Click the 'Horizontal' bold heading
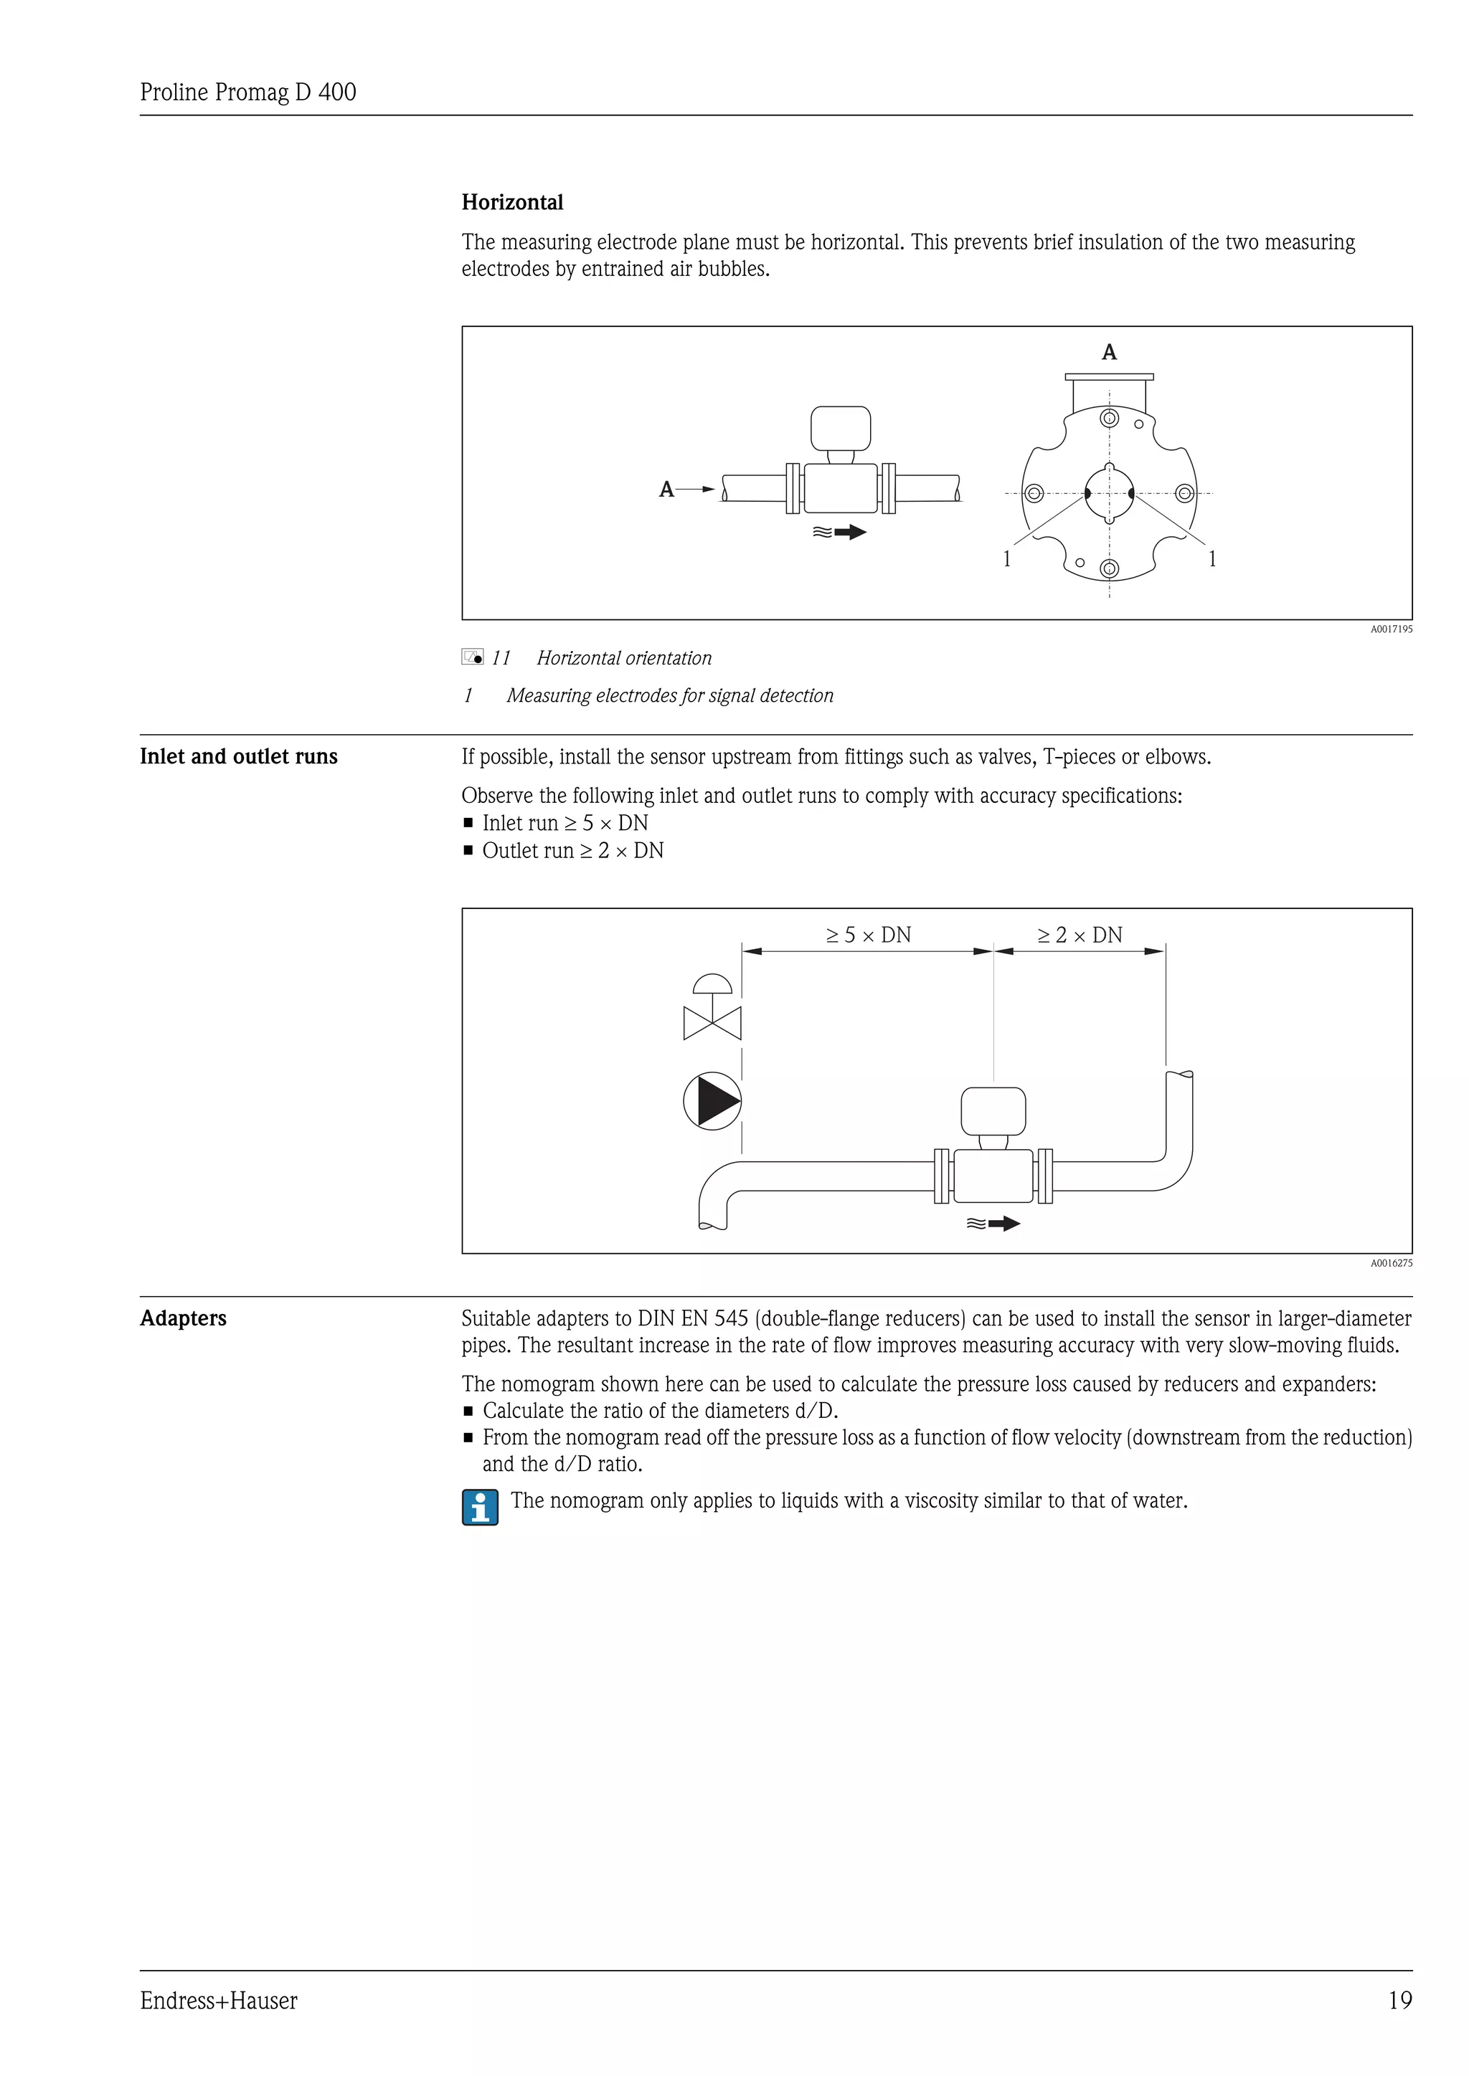point(512,203)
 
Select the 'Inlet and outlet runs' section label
point(238,757)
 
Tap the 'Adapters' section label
point(183,1318)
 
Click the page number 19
point(1399,2000)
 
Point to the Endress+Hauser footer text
point(218,2000)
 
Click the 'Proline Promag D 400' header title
point(248,92)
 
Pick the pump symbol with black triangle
point(713,1101)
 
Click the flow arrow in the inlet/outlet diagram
point(993,1224)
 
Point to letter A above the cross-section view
point(1109,353)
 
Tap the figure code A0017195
point(1390,629)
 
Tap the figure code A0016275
point(1390,1263)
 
